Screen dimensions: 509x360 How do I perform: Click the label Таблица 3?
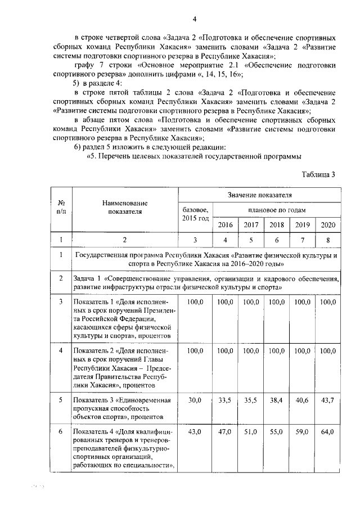coord(318,174)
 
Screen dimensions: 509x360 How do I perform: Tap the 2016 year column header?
coord(225,224)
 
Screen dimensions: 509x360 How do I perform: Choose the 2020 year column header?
coord(327,224)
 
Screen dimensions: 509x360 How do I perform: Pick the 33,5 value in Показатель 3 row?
coord(225,400)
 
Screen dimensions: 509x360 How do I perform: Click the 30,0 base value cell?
coord(195,400)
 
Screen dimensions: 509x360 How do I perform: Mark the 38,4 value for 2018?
coord(276,400)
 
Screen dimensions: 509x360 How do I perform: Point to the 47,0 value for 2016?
coord(225,432)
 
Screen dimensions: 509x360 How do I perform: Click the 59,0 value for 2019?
coord(302,432)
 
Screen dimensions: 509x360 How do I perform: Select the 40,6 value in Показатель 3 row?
coord(302,400)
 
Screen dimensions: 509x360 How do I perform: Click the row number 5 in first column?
coord(60,400)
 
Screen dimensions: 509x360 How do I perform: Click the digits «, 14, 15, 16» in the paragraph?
coord(222,74)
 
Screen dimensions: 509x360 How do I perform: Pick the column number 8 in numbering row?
coord(327,240)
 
